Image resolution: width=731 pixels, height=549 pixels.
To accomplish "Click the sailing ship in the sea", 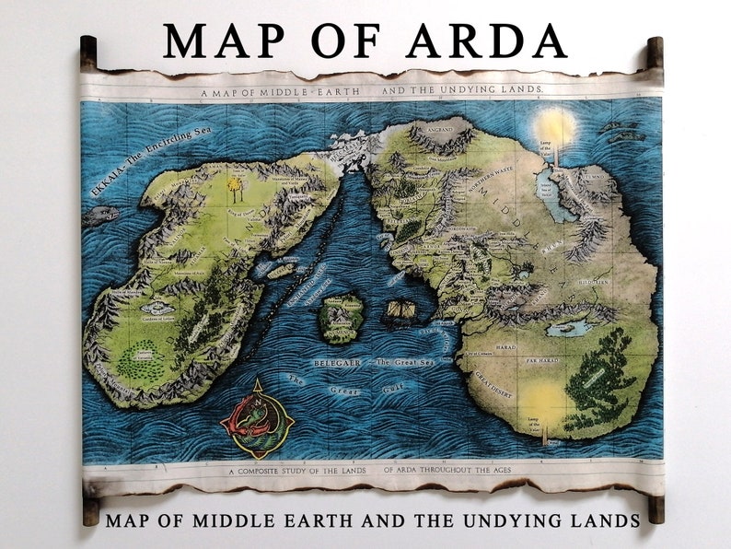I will click(x=400, y=310).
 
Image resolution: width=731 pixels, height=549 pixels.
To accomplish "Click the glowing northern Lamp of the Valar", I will click(x=556, y=127).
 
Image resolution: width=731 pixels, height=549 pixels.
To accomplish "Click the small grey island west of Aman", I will click(x=100, y=216).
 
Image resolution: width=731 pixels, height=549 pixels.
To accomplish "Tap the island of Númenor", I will click(x=342, y=315).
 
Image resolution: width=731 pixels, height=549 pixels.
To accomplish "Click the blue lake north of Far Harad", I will click(x=568, y=327).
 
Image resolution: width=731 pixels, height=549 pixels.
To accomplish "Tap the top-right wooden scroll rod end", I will click(x=655, y=53).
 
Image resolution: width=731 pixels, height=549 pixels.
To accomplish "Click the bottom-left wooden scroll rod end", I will click(x=90, y=508).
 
